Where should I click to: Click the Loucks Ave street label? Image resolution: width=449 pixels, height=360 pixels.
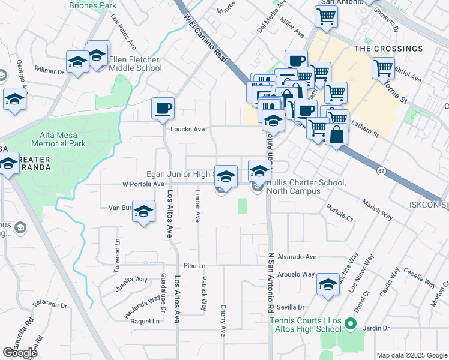click(x=188, y=129)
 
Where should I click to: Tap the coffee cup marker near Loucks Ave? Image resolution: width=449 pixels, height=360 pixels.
click(x=163, y=109)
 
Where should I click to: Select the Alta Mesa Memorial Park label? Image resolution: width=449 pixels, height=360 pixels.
click(x=55, y=139)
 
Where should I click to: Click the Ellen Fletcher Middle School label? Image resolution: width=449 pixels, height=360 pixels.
click(x=136, y=64)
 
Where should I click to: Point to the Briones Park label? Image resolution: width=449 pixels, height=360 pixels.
click(x=92, y=5)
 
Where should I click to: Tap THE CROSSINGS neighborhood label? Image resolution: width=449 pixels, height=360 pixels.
click(x=388, y=49)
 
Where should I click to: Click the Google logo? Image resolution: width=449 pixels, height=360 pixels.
click(x=20, y=352)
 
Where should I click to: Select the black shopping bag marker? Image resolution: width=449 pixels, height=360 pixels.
click(x=337, y=134)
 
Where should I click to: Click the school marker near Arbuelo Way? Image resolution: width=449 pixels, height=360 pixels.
click(x=328, y=286)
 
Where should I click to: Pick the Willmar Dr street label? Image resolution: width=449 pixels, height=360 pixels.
click(x=49, y=71)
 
